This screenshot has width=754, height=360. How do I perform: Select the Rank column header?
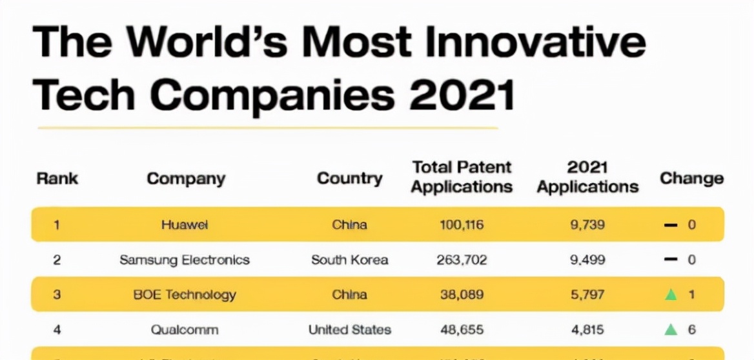(x=57, y=178)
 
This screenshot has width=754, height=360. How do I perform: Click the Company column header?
(x=186, y=179)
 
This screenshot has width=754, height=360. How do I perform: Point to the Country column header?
(x=349, y=179)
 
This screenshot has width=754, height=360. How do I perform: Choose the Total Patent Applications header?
(x=462, y=177)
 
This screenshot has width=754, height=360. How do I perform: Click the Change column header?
(x=691, y=179)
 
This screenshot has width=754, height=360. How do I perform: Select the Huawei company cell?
(x=185, y=225)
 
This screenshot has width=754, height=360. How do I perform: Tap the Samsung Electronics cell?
(x=185, y=260)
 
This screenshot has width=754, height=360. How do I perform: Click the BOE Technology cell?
(x=185, y=295)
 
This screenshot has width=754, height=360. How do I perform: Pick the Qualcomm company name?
(x=185, y=330)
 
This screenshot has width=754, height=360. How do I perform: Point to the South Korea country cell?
(x=349, y=260)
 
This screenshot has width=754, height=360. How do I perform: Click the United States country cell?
(x=349, y=330)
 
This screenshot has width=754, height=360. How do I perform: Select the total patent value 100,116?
(x=462, y=225)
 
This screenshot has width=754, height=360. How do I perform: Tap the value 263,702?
(x=462, y=260)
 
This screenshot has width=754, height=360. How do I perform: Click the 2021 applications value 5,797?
(x=587, y=295)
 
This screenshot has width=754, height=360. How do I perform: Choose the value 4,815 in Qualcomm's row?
(x=587, y=330)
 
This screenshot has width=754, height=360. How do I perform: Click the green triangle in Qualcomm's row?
(x=671, y=330)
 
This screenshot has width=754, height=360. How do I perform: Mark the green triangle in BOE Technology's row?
(x=671, y=295)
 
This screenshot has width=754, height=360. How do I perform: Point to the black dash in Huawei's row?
(x=671, y=226)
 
